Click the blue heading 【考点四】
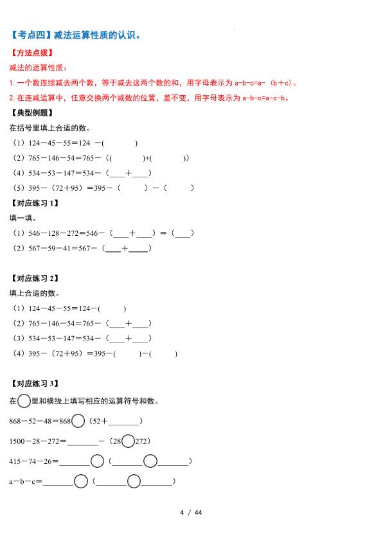click(31, 36)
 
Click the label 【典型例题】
click(30, 113)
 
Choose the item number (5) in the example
click(19, 188)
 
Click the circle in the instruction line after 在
click(24, 401)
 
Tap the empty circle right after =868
click(78, 421)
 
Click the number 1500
click(20, 441)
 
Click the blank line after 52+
click(123, 422)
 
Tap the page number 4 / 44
click(191, 512)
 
